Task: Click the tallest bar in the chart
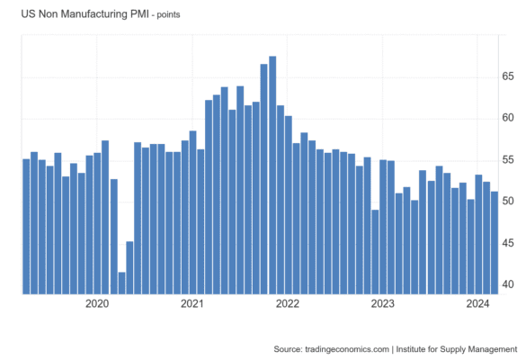tap(272, 175)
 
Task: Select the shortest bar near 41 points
tap(121, 283)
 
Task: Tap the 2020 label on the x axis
tap(97, 303)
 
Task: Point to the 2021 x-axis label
tap(192, 303)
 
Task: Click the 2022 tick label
tap(287, 303)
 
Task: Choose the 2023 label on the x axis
tap(382, 303)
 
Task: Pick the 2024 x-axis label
tap(477, 303)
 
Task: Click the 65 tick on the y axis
tap(508, 76)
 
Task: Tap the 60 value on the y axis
tap(508, 118)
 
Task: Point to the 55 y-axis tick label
tap(508, 160)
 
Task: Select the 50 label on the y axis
tap(508, 202)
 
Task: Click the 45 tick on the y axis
tap(508, 243)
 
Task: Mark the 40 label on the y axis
tap(508, 284)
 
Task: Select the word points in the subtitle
tap(168, 15)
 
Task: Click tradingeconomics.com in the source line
tap(347, 349)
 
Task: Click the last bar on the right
tap(495, 243)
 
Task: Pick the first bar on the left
tap(26, 227)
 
